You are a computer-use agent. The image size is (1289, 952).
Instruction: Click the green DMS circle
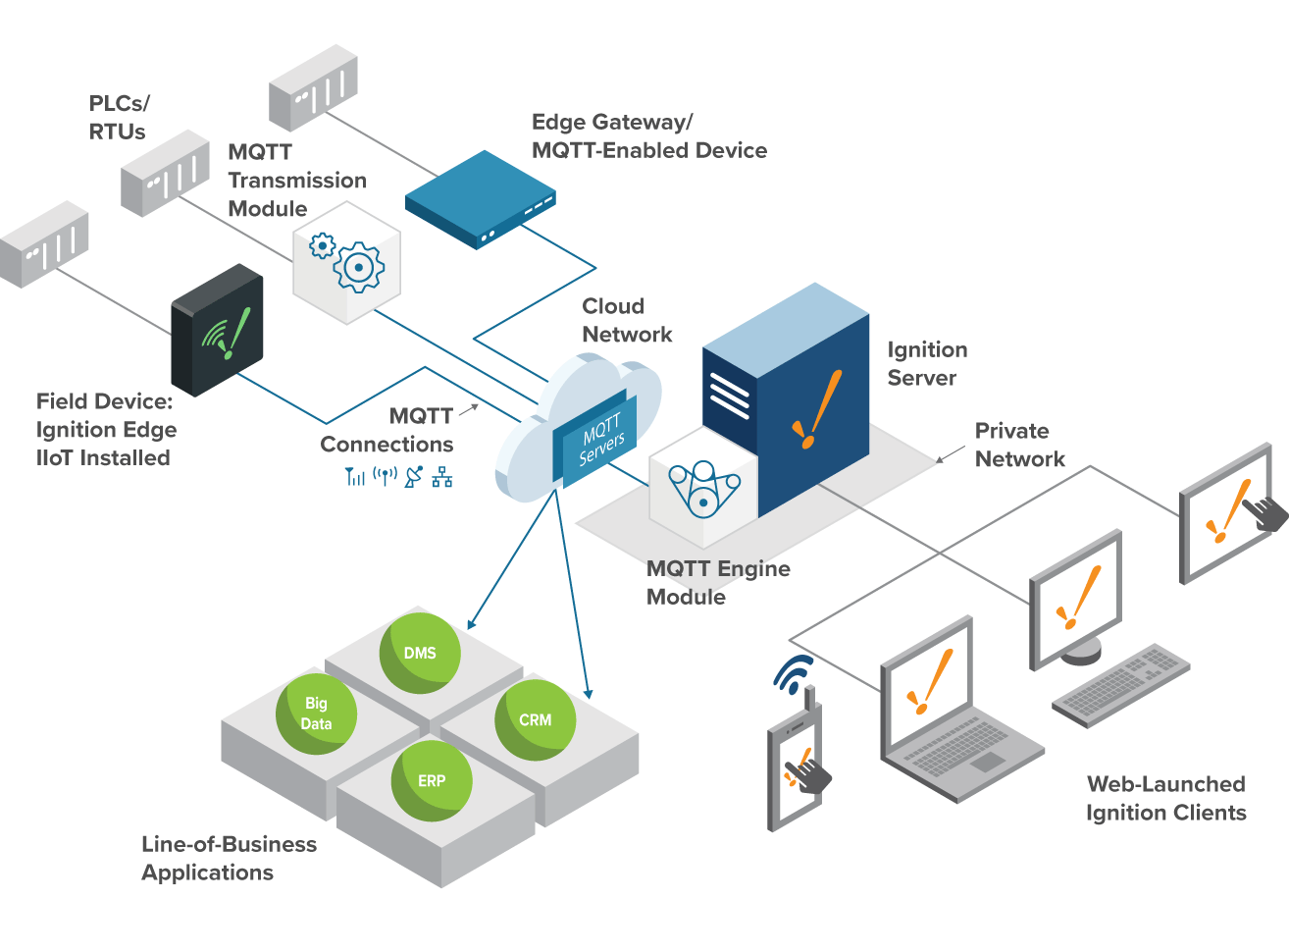[x=420, y=653]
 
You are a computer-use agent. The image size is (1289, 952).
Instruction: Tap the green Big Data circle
[x=316, y=714]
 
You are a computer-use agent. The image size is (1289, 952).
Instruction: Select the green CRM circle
[x=536, y=720]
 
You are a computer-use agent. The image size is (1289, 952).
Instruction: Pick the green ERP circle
[x=432, y=780]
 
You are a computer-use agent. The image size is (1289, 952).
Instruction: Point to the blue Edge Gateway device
[x=480, y=199]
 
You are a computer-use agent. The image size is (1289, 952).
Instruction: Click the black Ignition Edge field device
[x=217, y=330]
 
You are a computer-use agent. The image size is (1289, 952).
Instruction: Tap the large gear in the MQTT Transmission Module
[x=359, y=267]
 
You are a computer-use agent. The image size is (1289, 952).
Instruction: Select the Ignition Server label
[x=927, y=363]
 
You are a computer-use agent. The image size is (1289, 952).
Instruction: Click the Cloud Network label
[x=627, y=320]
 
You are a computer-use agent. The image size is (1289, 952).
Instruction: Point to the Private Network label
[x=1019, y=445]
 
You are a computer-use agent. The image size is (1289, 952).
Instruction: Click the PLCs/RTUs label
[x=119, y=118]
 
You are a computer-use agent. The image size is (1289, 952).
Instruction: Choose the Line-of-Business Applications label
[x=229, y=859]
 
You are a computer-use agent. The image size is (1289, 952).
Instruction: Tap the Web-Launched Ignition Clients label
[x=1165, y=798]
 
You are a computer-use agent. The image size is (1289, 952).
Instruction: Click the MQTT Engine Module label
[x=718, y=582]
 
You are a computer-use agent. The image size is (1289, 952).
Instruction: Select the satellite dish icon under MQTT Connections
[x=414, y=477]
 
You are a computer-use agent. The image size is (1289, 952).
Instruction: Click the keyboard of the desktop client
[x=1120, y=685]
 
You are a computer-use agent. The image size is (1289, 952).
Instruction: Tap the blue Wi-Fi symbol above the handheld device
[x=794, y=674]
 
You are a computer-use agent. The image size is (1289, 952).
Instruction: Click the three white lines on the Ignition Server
[x=729, y=396]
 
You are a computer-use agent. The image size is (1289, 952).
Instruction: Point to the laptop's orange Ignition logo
[x=930, y=681]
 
